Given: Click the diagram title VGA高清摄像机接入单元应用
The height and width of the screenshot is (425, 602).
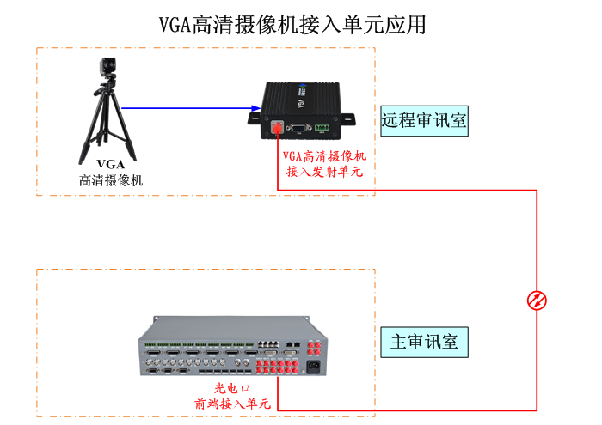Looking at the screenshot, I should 292,24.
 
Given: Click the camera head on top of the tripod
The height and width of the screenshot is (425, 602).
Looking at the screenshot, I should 107,68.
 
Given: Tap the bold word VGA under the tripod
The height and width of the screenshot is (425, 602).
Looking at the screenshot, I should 110,164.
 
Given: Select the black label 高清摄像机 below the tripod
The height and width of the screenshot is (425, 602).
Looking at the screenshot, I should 110,180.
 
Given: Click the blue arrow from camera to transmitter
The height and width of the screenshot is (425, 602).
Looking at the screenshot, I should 189,108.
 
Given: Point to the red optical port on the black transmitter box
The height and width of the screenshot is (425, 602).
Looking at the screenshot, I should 278,126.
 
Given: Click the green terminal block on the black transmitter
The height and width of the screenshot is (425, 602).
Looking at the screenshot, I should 323,128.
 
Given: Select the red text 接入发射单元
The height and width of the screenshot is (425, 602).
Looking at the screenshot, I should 324,172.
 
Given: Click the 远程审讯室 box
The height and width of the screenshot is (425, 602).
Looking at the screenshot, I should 424,121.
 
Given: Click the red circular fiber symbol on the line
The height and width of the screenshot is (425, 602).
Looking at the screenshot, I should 537,300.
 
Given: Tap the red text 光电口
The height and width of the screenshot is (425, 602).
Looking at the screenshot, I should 231,388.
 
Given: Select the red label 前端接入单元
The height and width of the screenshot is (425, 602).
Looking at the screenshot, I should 231,403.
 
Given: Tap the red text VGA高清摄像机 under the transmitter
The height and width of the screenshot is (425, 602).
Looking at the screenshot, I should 324,156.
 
